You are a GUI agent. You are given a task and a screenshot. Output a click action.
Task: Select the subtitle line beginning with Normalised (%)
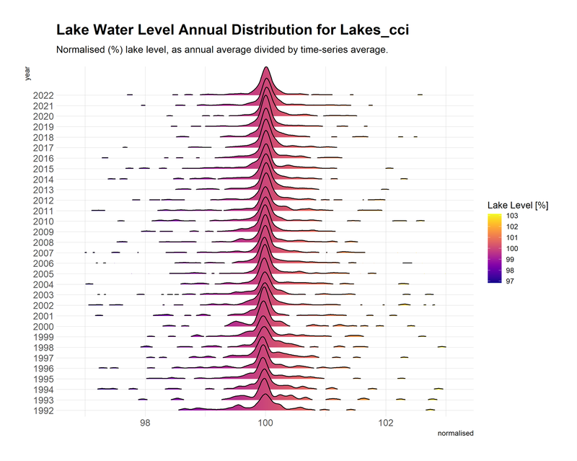coord(222,51)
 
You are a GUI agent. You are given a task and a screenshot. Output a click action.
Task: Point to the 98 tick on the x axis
coord(145,423)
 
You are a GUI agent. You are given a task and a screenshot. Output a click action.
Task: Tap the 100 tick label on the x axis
coord(265,423)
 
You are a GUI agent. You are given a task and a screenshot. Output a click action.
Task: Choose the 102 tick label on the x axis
coord(386,423)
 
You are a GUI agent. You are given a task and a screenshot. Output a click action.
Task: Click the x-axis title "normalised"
coord(456,434)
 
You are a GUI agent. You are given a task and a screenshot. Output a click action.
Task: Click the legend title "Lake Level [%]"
coord(518,206)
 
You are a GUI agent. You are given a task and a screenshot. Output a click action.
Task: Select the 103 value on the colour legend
coord(510,216)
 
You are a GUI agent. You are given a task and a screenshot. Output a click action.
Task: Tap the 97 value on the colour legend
coord(510,281)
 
